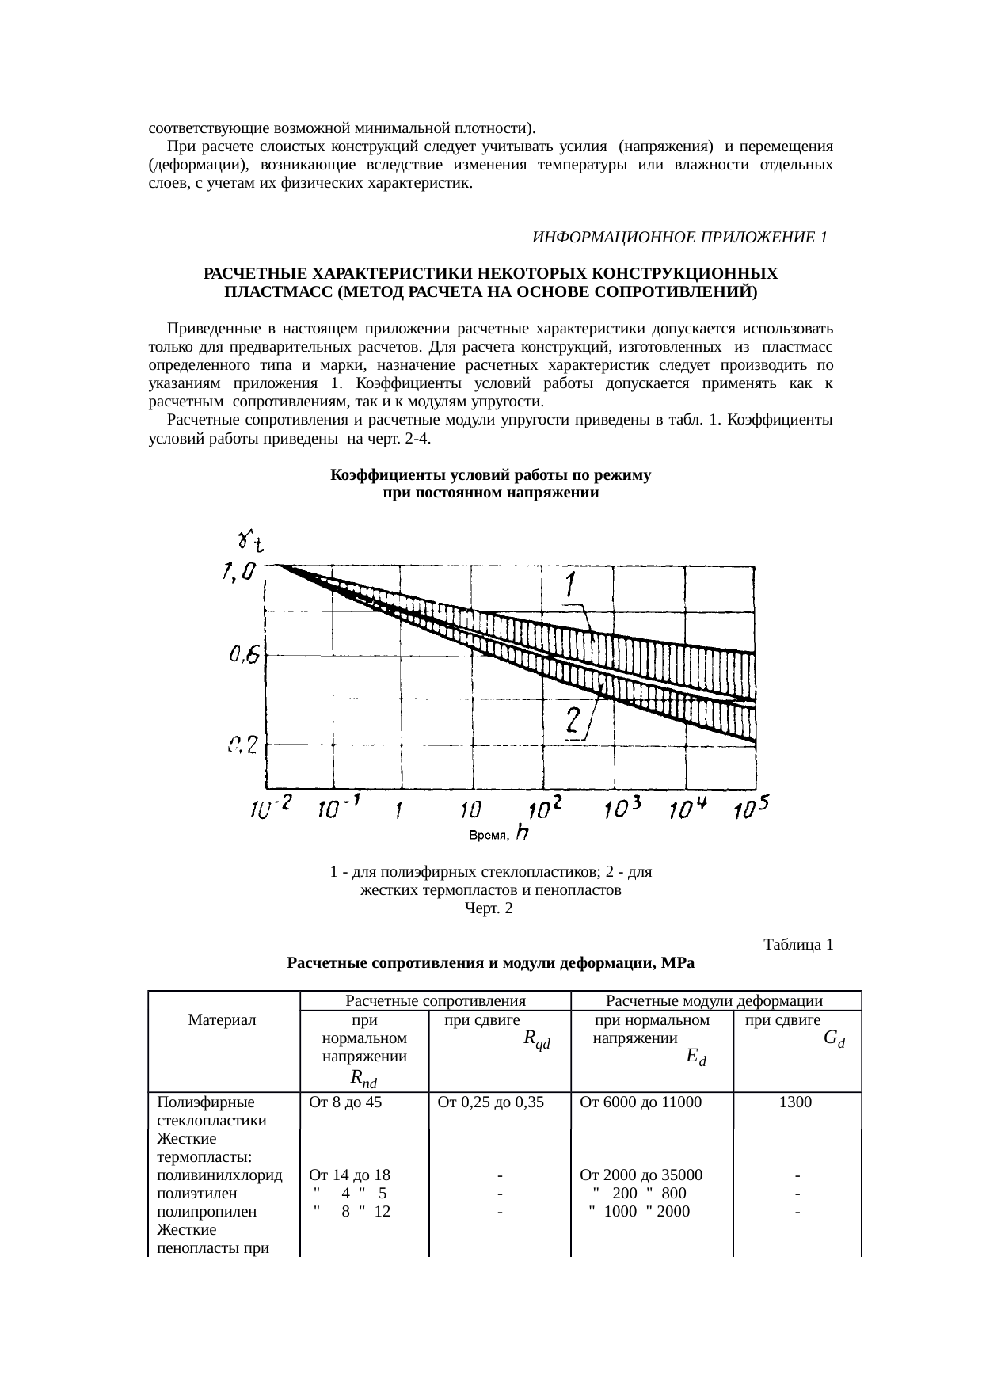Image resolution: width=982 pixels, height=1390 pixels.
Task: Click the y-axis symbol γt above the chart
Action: [250, 542]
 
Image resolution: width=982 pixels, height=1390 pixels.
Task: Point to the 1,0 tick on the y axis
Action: [238, 570]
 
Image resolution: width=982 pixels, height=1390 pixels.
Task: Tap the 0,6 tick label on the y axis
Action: [244, 655]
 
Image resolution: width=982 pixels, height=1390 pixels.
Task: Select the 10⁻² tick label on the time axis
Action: [271, 809]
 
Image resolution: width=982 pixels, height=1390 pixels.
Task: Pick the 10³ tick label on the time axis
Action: [622, 809]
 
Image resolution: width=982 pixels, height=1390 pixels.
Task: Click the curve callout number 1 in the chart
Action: [570, 586]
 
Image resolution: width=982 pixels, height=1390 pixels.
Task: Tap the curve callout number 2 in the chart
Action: [574, 721]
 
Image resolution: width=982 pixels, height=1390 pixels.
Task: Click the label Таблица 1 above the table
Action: [797, 944]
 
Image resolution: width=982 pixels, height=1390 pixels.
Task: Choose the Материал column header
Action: [223, 1020]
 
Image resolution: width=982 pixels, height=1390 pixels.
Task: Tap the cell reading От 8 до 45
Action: [346, 1101]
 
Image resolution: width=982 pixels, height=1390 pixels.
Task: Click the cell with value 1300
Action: [795, 1101]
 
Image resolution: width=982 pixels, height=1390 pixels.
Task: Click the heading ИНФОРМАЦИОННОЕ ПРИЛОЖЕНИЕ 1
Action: [679, 238]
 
